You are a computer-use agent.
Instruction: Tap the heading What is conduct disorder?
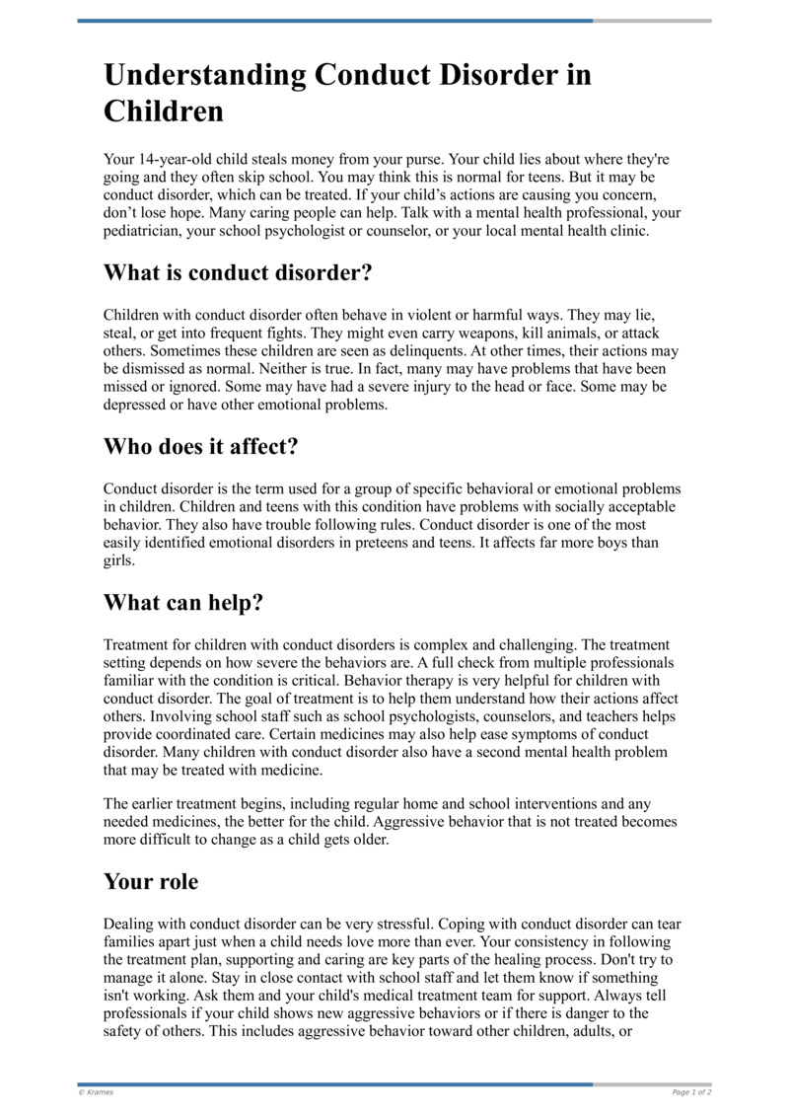coord(238,271)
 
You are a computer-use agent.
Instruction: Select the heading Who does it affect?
coord(201,446)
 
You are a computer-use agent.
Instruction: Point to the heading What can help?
coord(183,602)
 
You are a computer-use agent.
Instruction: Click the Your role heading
coord(151,882)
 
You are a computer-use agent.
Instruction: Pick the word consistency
coord(504,942)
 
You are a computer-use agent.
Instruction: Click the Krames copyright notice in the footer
coord(96,1092)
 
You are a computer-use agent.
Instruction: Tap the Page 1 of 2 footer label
coord(691,1092)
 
